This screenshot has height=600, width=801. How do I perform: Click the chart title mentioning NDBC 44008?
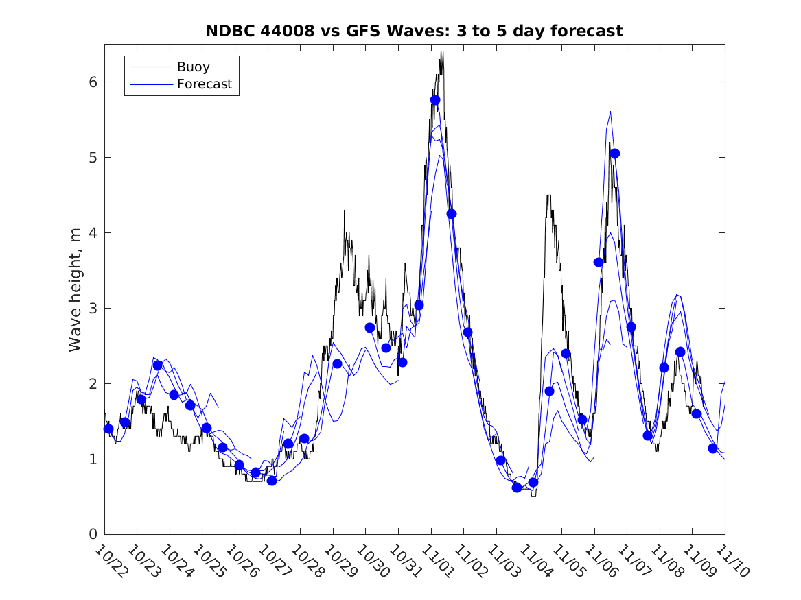[414, 32]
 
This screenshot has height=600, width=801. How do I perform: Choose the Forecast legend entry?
[204, 85]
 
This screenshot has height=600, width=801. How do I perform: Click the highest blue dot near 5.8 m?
[435, 100]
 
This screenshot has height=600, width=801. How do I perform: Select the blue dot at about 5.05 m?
[615, 154]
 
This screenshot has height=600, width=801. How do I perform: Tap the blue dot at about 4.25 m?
[451, 214]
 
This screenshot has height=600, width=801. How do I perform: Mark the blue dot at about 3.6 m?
[599, 262]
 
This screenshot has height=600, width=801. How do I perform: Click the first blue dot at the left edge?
[108, 429]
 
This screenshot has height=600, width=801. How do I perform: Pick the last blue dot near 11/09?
[712, 448]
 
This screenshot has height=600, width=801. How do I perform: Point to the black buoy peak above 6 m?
[442, 53]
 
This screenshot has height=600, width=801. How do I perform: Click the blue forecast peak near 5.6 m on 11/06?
[610, 112]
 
